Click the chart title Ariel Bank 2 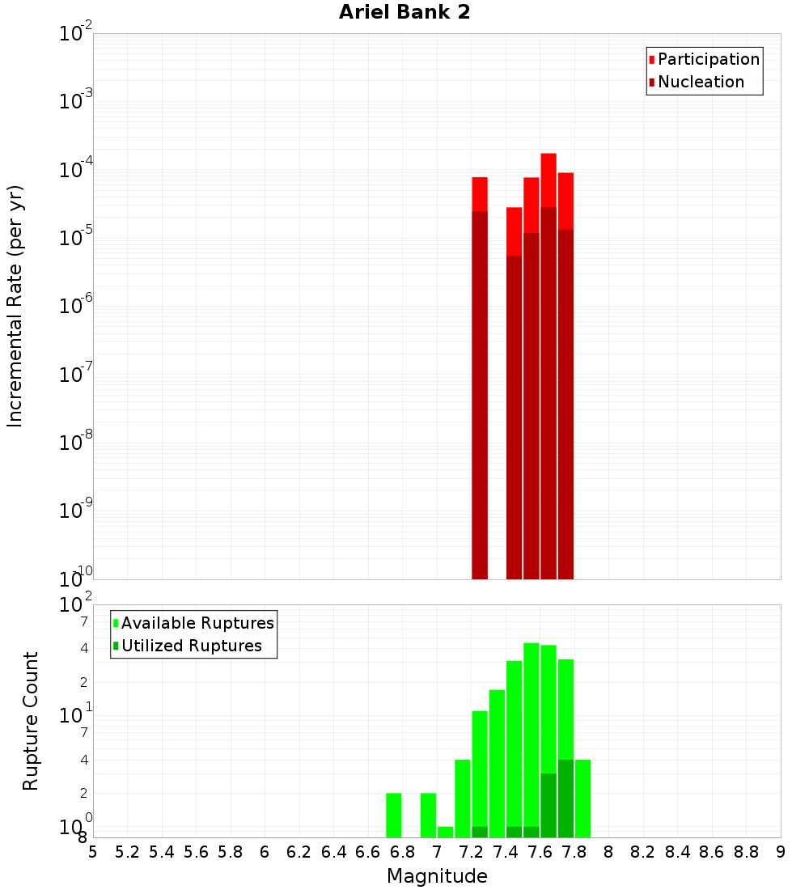coord(404,13)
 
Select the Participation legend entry coord(704,60)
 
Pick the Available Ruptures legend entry coord(193,624)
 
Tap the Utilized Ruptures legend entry coord(187,646)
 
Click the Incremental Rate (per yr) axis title coord(15,306)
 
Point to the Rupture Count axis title coord(31,721)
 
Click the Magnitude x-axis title coord(437,876)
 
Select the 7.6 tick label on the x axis coord(540,852)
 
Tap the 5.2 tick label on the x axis coord(128,852)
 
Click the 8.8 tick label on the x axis coord(747,852)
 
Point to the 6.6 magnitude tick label coord(368,852)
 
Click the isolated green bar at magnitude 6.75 coord(394,815)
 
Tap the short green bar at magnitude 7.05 coord(445,832)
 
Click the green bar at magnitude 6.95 coord(428,815)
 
